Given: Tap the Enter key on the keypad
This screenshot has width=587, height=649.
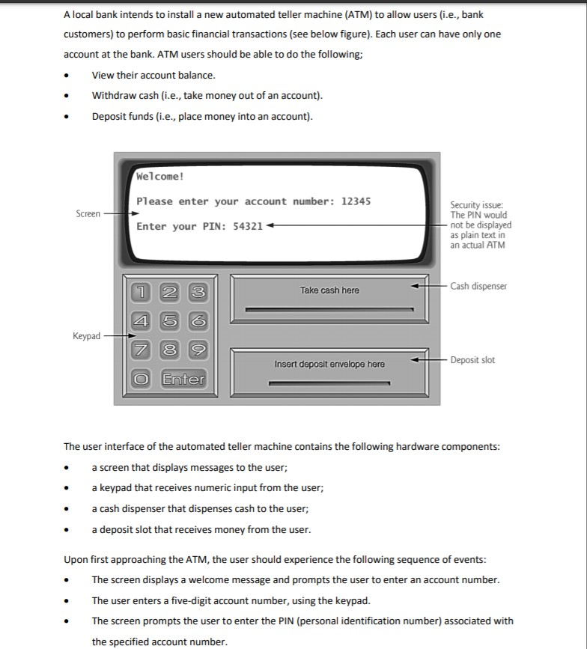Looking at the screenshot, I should pyautogui.click(x=183, y=380).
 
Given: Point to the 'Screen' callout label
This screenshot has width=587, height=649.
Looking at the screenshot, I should pyautogui.click(x=88, y=214).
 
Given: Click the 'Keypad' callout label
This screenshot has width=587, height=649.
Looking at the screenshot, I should pyautogui.click(x=86, y=336).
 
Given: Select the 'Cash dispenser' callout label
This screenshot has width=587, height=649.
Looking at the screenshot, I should pyautogui.click(x=478, y=286).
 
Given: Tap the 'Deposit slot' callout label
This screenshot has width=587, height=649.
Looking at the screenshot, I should pyautogui.click(x=472, y=360).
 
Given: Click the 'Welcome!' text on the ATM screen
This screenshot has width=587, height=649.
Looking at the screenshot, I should pyautogui.click(x=160, y=177).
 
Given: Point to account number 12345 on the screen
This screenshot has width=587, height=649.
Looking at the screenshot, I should pyautogui.click(x=356, y=201).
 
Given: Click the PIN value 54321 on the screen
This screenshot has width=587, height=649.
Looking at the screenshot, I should pyautogui.click(x=248, y=226).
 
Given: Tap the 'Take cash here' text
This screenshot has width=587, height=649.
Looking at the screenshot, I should pyautogui.click(x=329, y=290).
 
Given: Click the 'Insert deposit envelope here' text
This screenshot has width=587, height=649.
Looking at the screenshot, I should pyautogui.click(x=329, y=365).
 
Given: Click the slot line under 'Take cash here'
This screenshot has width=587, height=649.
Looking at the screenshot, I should pyautogui.click(x=329, y=308).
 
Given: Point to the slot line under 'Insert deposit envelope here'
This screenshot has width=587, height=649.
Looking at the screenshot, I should pyautogui.click(x=329, y=385).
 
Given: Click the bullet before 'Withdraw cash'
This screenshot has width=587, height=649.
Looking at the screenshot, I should pyautogui.click(x=69, y=96).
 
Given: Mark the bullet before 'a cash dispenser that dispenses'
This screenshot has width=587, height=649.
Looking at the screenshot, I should pyautogui.click(x=69, y=509).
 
